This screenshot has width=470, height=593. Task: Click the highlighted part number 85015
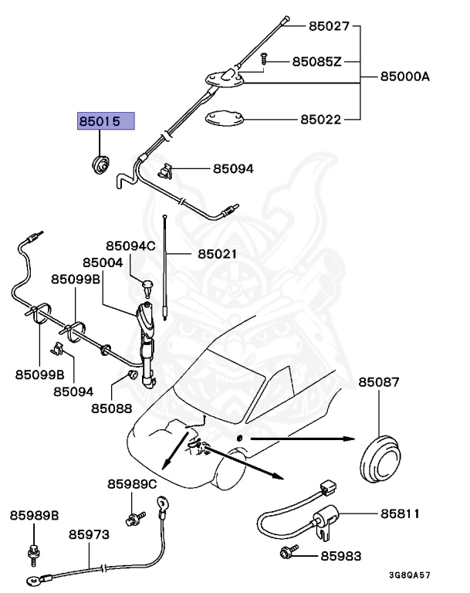(x=105, y=122)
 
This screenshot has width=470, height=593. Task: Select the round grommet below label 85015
(x=100, y=164)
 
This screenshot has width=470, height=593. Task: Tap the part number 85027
(x=330, y=25)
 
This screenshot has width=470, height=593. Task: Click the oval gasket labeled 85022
(x=225, y=119)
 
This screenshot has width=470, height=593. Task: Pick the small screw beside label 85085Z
(x=264, y=59)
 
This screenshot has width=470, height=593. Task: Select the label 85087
(x=379, y=382)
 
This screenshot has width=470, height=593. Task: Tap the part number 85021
(x=217, y=253)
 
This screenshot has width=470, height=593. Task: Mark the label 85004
(x=103, y=263)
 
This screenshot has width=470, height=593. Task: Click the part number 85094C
(x=130, y=246)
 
